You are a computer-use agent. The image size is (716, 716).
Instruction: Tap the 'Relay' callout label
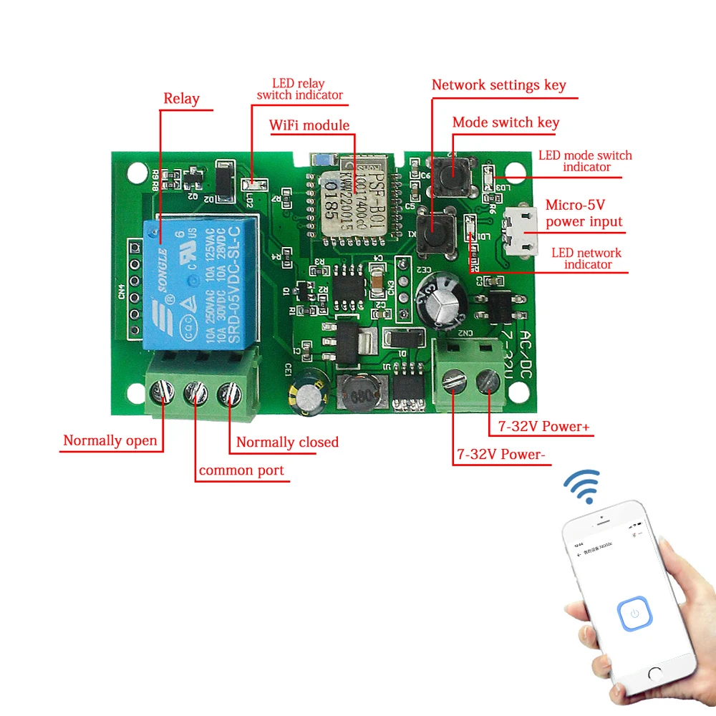tap(181, 99)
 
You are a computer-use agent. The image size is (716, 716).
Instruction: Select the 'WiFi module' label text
tap(309, 126)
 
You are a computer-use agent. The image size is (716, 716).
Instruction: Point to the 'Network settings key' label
tap(498, 85)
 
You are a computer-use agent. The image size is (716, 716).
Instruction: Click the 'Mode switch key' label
tap(505, 122)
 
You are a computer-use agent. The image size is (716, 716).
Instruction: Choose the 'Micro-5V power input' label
tap(584, 213)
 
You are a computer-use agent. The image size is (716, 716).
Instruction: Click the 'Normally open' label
tap(110, 440)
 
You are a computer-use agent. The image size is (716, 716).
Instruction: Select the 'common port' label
tap(241, 470)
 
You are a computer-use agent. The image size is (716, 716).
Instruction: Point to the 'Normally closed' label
tap(287, 442)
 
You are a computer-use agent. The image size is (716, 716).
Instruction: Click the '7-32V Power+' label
tap(539, 427)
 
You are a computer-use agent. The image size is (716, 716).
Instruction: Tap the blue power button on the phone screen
tap(634, 614)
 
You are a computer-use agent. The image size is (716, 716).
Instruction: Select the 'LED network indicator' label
tap(586, 258)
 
